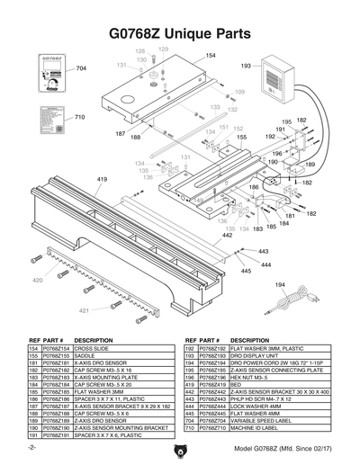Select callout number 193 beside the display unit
point(246,66)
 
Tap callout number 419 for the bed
point(102,180)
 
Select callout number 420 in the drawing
point(38,281)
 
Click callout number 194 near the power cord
point(280,285)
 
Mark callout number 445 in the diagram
point(246,271)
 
